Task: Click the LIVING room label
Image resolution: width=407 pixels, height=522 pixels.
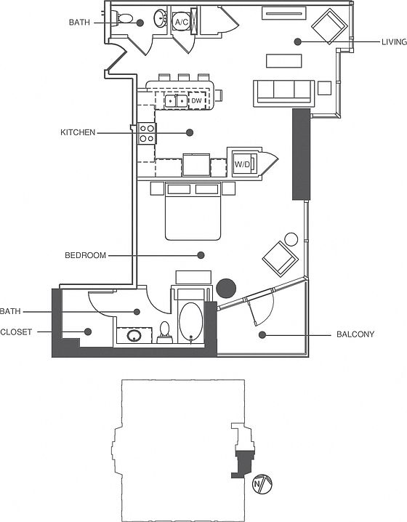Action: (x=394, y=42)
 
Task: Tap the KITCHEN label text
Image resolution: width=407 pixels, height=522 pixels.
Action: (x=78, y=132)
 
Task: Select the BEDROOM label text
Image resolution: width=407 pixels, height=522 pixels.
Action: (x=86, y=255)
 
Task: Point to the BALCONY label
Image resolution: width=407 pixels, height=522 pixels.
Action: (x=355, y=334)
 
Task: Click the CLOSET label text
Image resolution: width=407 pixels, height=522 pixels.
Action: (x=16, y=332)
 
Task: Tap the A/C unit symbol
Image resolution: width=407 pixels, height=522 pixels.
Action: (x=182, y=23)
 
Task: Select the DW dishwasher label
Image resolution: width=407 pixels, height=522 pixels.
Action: (x=196, y=100)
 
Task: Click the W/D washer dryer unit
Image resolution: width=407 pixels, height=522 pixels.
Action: (x=245, y=164)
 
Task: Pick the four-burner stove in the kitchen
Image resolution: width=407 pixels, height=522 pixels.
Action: (x=147, y=133)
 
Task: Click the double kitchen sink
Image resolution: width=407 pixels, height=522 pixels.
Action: (x=177, y=101)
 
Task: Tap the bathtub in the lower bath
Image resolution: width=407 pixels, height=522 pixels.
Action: (x=190, y=322)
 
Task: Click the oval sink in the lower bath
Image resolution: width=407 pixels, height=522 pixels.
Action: (x=134, y=336)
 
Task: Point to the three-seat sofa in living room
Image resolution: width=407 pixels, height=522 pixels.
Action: (x=284, y=93)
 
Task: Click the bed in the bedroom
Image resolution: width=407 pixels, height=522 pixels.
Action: (x=193, y=211)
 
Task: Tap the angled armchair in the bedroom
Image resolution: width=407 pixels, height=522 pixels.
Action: (x=281, y=258)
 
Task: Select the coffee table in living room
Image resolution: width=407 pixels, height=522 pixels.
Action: (x=284, y=60)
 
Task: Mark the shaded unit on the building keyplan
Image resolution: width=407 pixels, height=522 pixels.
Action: (x=245, y=463)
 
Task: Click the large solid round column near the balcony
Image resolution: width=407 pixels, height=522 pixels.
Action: (x=226, y=288)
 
